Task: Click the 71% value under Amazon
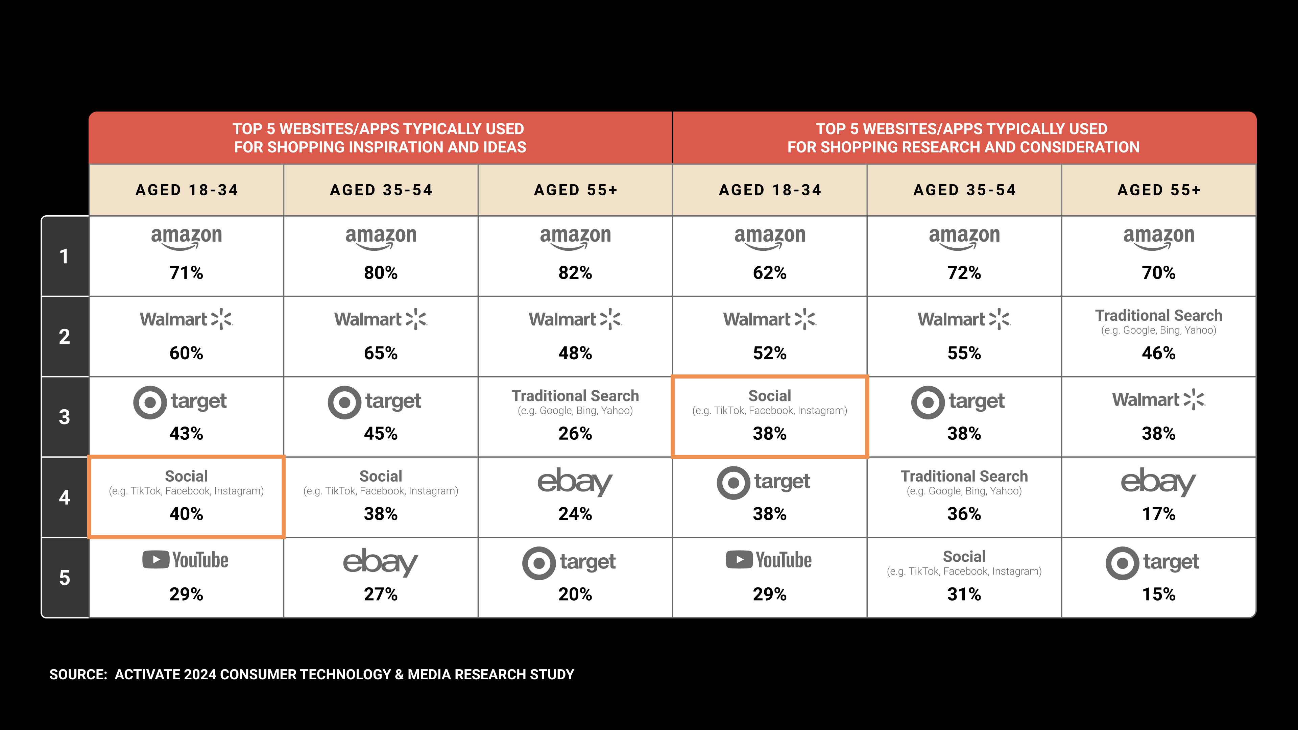pos(186,272)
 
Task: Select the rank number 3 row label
pos(65,417)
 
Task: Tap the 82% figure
pos(575,272)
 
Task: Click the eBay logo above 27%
pos(380,562)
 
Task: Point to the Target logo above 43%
pos(180,402)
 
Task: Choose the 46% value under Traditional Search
pos(1158,352)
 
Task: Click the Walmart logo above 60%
pos(186,319)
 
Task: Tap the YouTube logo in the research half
pos(769,560)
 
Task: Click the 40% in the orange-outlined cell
pos(186,513)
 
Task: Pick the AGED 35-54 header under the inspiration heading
pos(381,190)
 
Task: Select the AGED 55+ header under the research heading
pos(1159,190)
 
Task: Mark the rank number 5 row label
pos(65,577)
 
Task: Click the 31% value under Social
pos(964,594)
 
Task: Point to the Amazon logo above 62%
pos(769,238)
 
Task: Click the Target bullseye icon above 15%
pos(1122,563)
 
